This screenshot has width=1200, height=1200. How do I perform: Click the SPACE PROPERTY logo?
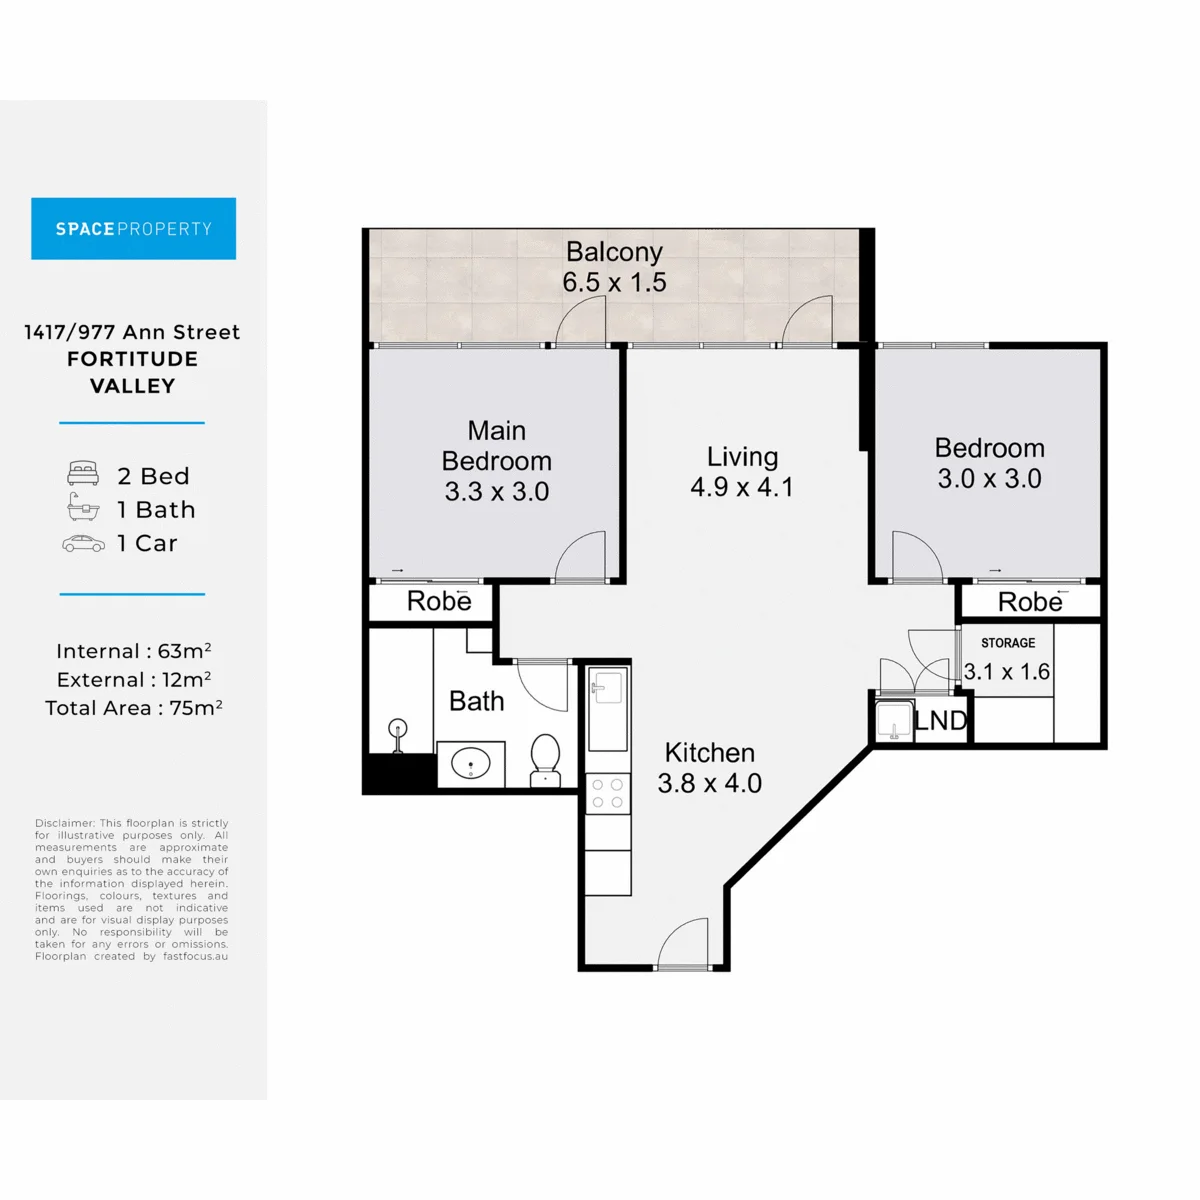(x=133, y=229)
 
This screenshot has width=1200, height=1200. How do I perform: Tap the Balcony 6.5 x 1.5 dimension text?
(x=614, y=282)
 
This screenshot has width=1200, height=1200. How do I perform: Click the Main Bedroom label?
(x=496, y=446)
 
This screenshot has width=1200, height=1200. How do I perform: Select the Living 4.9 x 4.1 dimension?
(x=742, y=487)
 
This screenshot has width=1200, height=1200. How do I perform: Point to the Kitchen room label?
(x=709, y=753)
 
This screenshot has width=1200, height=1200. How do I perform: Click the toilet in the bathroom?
(x=546, y=761)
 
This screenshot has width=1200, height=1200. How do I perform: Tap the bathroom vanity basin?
(x=471, y=763)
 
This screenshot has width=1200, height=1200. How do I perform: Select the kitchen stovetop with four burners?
(x=608, y=793)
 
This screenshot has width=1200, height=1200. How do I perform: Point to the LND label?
(x=940, y=721)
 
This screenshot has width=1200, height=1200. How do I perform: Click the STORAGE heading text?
(x=1008, y=643)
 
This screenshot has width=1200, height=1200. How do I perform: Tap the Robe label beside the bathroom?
(x=439, y=601)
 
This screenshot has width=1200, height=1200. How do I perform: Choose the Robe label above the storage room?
(x=1030, y=602)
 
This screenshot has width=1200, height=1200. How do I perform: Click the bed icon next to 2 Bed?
(x=83, y=473)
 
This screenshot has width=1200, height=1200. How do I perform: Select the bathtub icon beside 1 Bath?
(x=83, y=507)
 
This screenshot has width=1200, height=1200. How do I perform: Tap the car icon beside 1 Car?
(x=83, y=544)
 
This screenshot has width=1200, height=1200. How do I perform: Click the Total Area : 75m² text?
(x=133, y=707)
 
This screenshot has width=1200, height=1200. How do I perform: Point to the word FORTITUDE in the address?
(x=133, y=359)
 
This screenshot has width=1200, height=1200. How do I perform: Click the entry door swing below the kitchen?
(x=683, y=943)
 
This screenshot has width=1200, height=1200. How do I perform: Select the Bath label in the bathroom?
(x=476, y=701)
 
